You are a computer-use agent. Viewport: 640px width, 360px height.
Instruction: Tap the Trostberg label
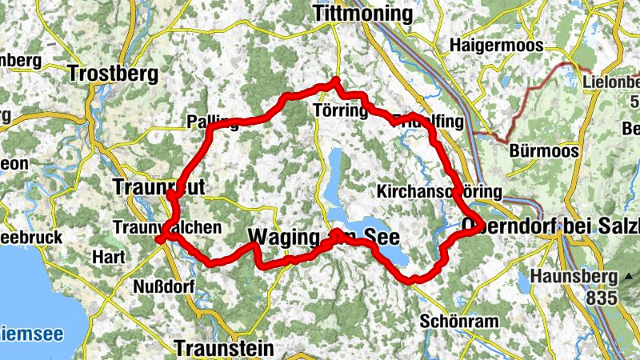point(113,74)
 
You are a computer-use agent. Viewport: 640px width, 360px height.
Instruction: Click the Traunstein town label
point(223,349)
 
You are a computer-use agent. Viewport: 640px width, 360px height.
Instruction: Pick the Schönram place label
point(458,321)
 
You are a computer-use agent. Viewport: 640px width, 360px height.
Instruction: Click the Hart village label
point(109,258)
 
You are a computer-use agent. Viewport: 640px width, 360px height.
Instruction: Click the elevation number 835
point(601,298)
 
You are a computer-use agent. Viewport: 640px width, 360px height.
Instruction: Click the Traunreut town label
point(160,186)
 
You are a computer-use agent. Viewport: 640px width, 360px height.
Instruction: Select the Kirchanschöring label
point(438,192)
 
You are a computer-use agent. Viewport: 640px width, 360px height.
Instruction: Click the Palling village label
point(212,122)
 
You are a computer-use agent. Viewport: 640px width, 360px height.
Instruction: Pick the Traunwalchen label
point(167,227)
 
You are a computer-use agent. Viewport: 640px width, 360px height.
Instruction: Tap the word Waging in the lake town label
point(287,237)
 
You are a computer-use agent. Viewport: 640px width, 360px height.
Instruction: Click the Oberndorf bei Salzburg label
point(551,226)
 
